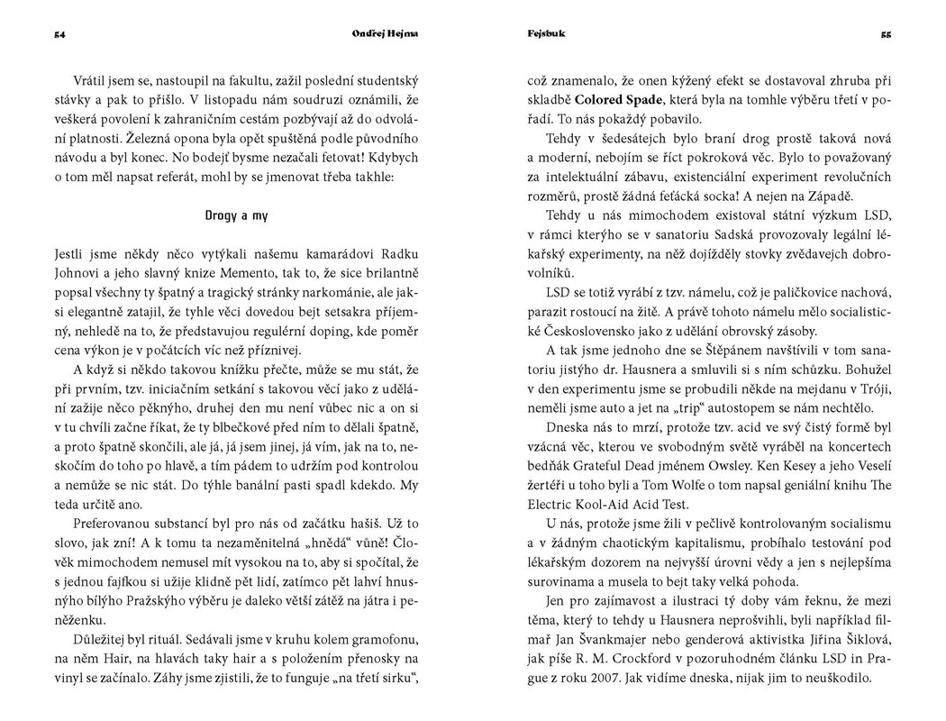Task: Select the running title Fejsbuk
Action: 541,34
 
